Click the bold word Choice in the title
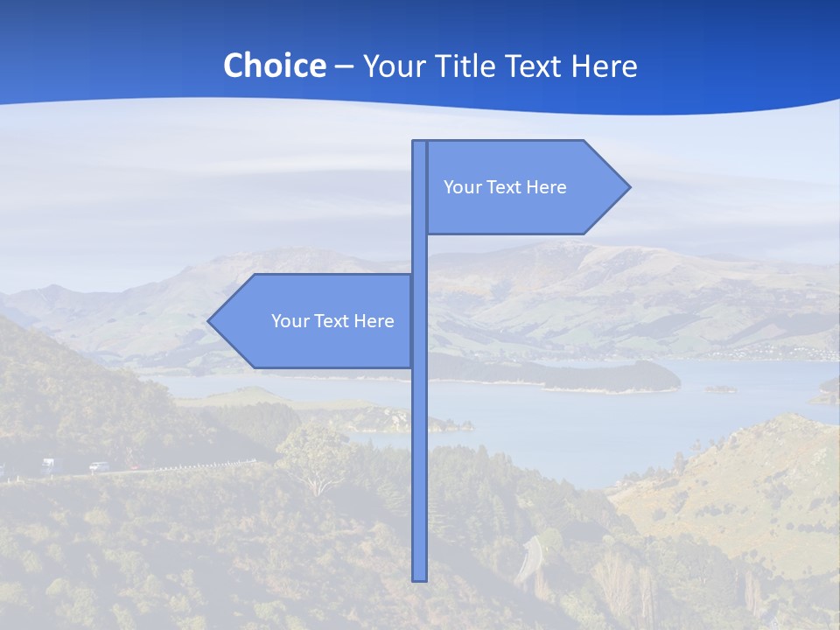pyautogui.click(x=274, y=66)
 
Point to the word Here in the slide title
pyautogui.click(x=605, y=66)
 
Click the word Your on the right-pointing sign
pyautogui.click(x=460, y=187)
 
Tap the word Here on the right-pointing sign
pyautogui.click(x=547, y=187)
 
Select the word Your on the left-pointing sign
pyautogui.click(x=288, y=321)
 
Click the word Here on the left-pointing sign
pyautogui.click(x=374, y=321)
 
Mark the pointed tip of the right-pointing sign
pyautogui.click(x=628, y=186)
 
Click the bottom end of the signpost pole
pyautogui.click(x=420, y=577)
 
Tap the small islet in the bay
pyautogui.click(x=721, y=388)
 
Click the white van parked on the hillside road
pyautogui.click(x=47, y=464)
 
